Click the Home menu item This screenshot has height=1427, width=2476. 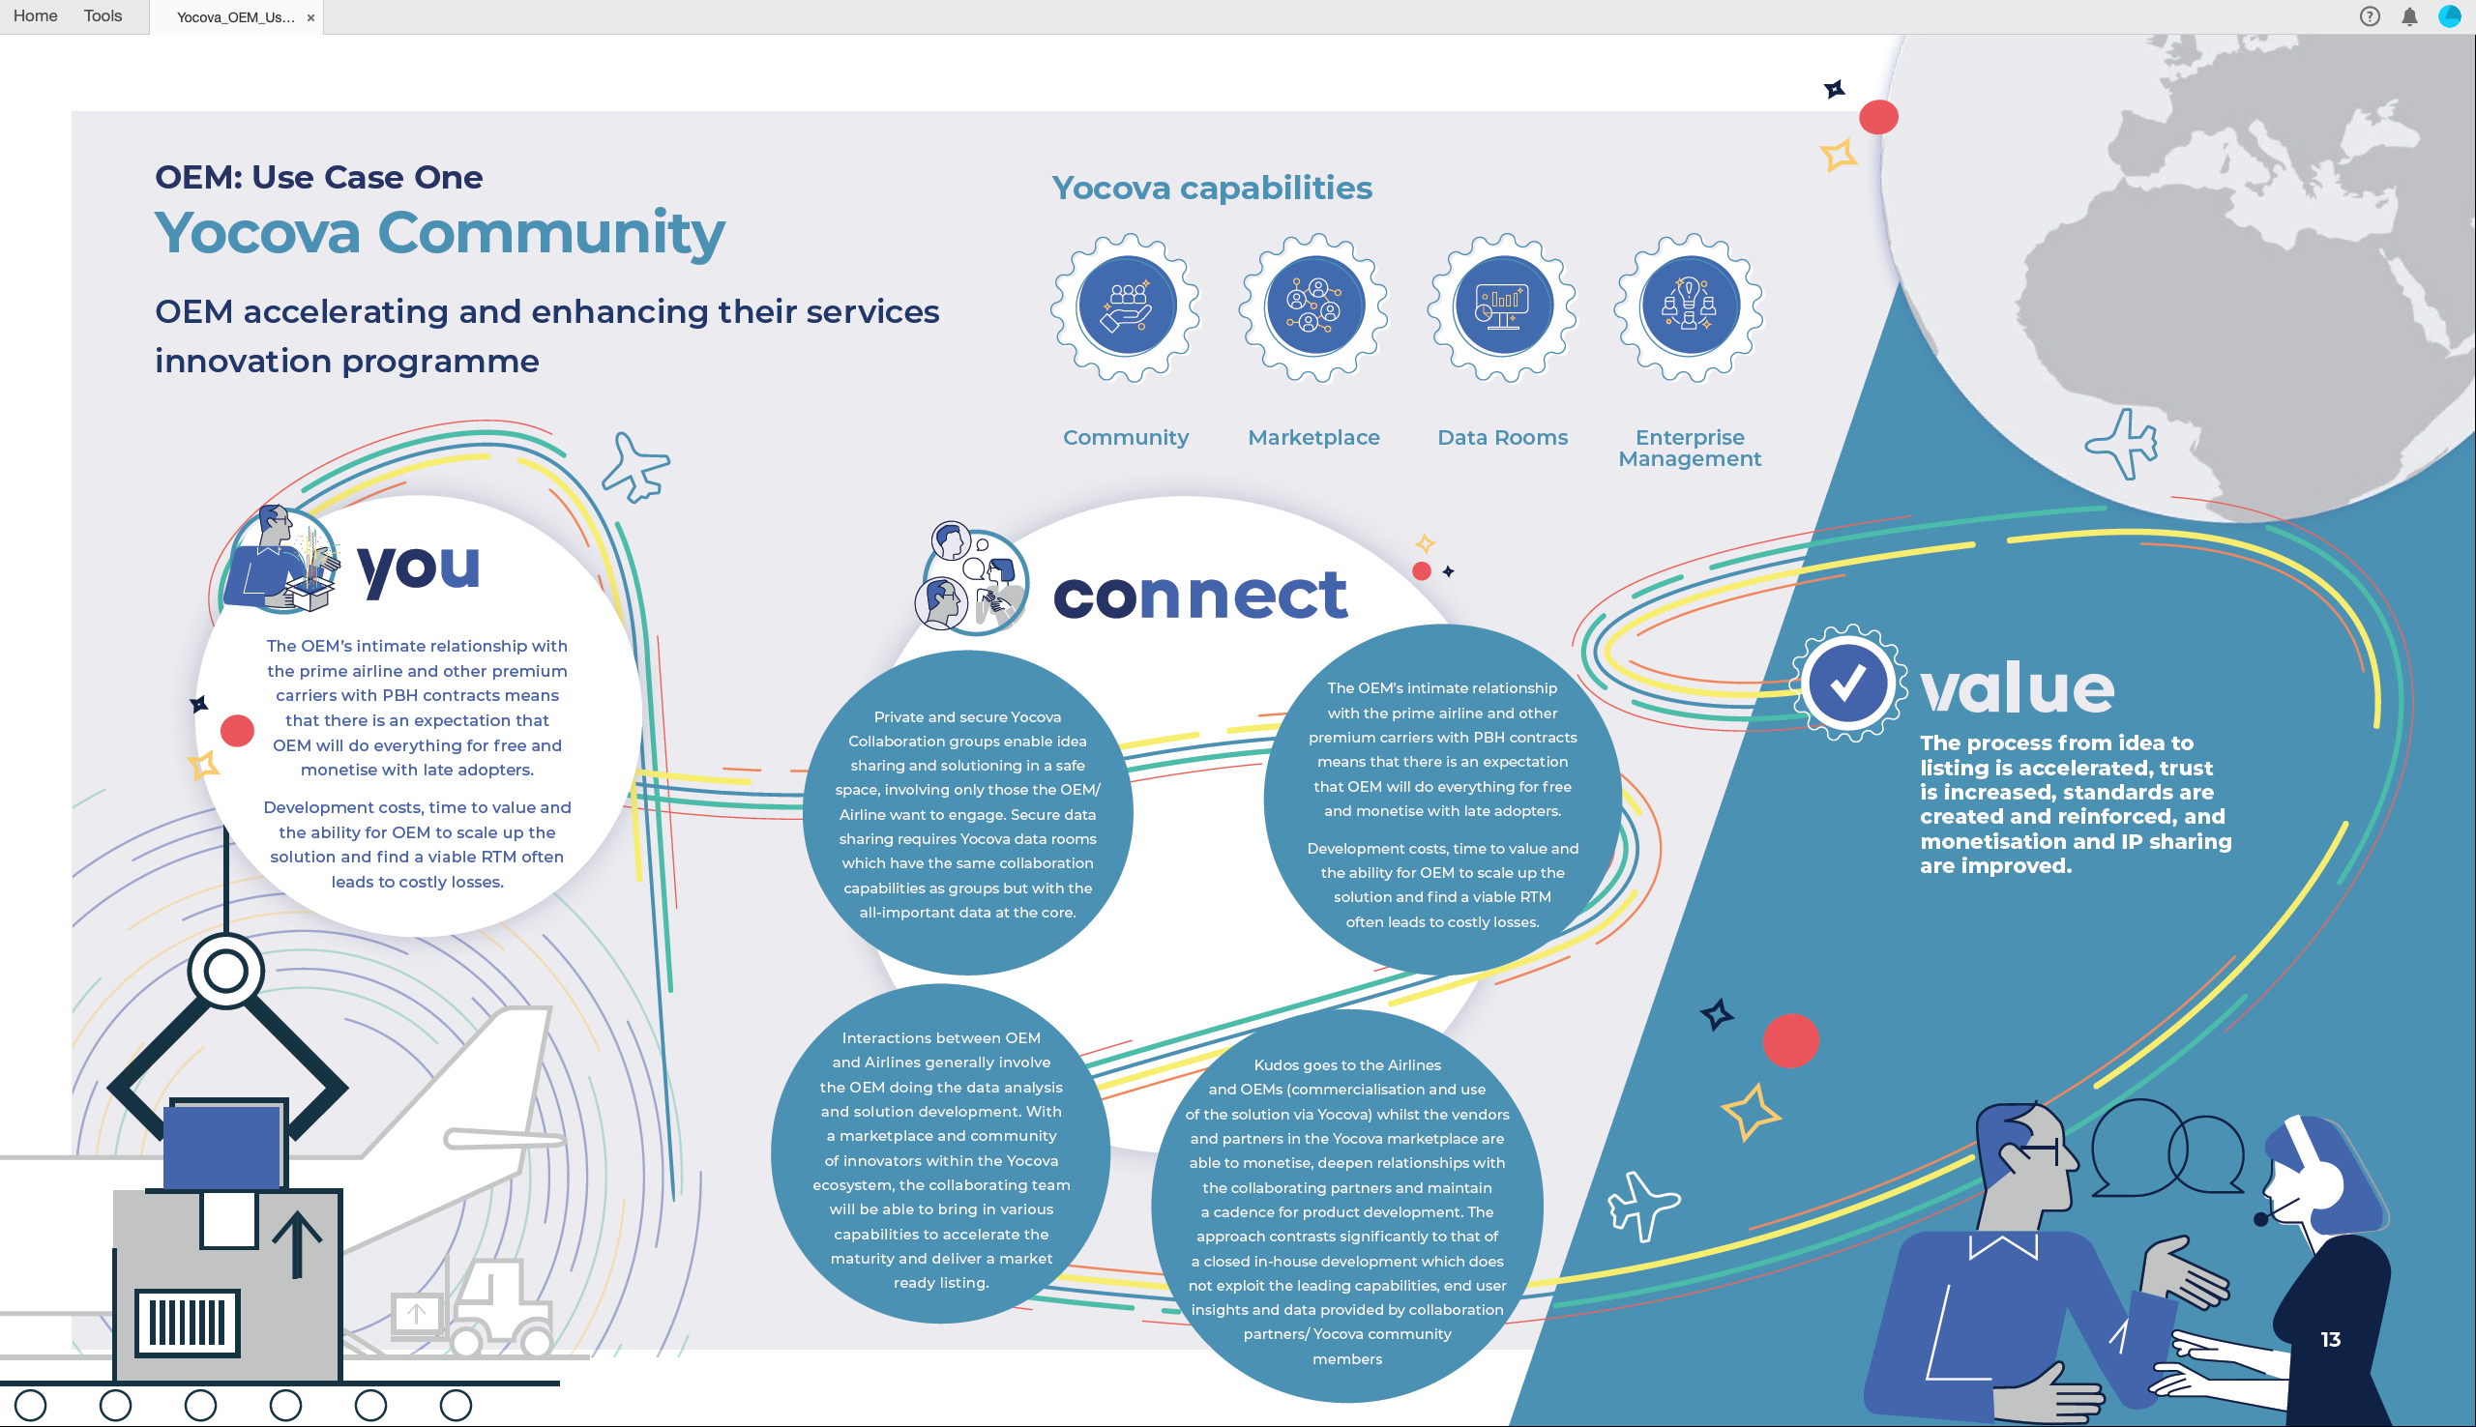tap(35, 15)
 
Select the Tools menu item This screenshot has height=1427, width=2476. tap(103, 15)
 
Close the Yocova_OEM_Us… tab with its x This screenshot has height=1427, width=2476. tap(310, 17)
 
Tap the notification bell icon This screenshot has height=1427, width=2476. tap(2409, 16)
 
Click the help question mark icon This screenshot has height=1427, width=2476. tap(2370, 16)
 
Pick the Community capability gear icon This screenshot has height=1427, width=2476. tap(1126, 306)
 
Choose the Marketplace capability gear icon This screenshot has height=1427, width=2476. tap(1314, 306)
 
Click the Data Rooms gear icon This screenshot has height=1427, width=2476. tap(1503, 306)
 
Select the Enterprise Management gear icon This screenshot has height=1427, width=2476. tap(1690, 306)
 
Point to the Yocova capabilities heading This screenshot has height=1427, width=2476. tap(1212, 188)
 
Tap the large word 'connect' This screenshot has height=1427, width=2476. tap(1200, 594)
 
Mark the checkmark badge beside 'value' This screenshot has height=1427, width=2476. tap(1848, 684)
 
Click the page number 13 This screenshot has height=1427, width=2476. tap(2330, 1339)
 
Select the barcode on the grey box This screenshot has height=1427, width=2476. tap(188, 1323)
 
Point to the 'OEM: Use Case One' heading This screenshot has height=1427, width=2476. tap(318, 176)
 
